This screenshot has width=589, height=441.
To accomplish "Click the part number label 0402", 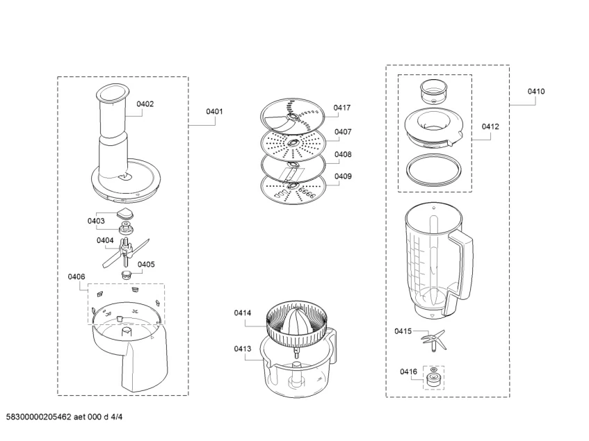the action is point(145,104).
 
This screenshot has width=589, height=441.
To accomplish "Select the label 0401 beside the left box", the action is point(214,111).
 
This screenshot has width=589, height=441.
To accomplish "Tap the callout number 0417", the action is point(342,108).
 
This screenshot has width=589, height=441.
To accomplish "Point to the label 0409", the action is point(343,176).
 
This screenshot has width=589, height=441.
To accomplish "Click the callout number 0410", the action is point(536,92).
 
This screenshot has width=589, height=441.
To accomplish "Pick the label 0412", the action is point(490,127).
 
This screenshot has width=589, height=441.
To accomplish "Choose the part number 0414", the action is point(243,313).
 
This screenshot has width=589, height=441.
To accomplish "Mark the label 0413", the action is point(243,349).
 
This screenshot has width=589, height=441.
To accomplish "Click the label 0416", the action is point(408,372).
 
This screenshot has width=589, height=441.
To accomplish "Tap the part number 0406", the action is point(76,276).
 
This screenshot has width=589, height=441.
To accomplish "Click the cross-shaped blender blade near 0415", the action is point(433,340).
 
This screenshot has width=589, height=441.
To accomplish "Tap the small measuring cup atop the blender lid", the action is point(433,91).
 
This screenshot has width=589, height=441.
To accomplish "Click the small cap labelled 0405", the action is point(127,274).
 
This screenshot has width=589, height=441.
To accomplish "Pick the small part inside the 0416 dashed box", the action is point(434,378).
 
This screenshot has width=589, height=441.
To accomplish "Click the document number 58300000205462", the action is point(39,417).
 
